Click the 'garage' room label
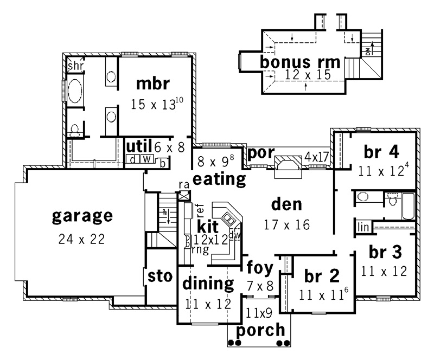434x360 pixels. click(82, 217)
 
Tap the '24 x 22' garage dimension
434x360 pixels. click(82, 239)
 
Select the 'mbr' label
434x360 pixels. click(153, 83)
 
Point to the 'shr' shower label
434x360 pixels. click(75, 66)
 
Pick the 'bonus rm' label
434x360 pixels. click(300, 62)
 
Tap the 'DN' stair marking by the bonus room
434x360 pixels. click(368, 52)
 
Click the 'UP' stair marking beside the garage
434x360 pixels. click(164, 213)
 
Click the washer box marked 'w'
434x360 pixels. click(147, 159)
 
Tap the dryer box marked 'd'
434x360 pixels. click(133, 159)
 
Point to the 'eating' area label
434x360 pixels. click(219, 179)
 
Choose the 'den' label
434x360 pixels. click(286, 204)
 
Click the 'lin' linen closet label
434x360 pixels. click(363, 227)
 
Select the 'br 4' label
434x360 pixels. click(381, 152)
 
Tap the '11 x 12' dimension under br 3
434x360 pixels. click(384, 272)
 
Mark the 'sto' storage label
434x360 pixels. click(160, 277)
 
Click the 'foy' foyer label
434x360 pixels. click(260, 268)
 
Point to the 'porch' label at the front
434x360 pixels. click(260, 330)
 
